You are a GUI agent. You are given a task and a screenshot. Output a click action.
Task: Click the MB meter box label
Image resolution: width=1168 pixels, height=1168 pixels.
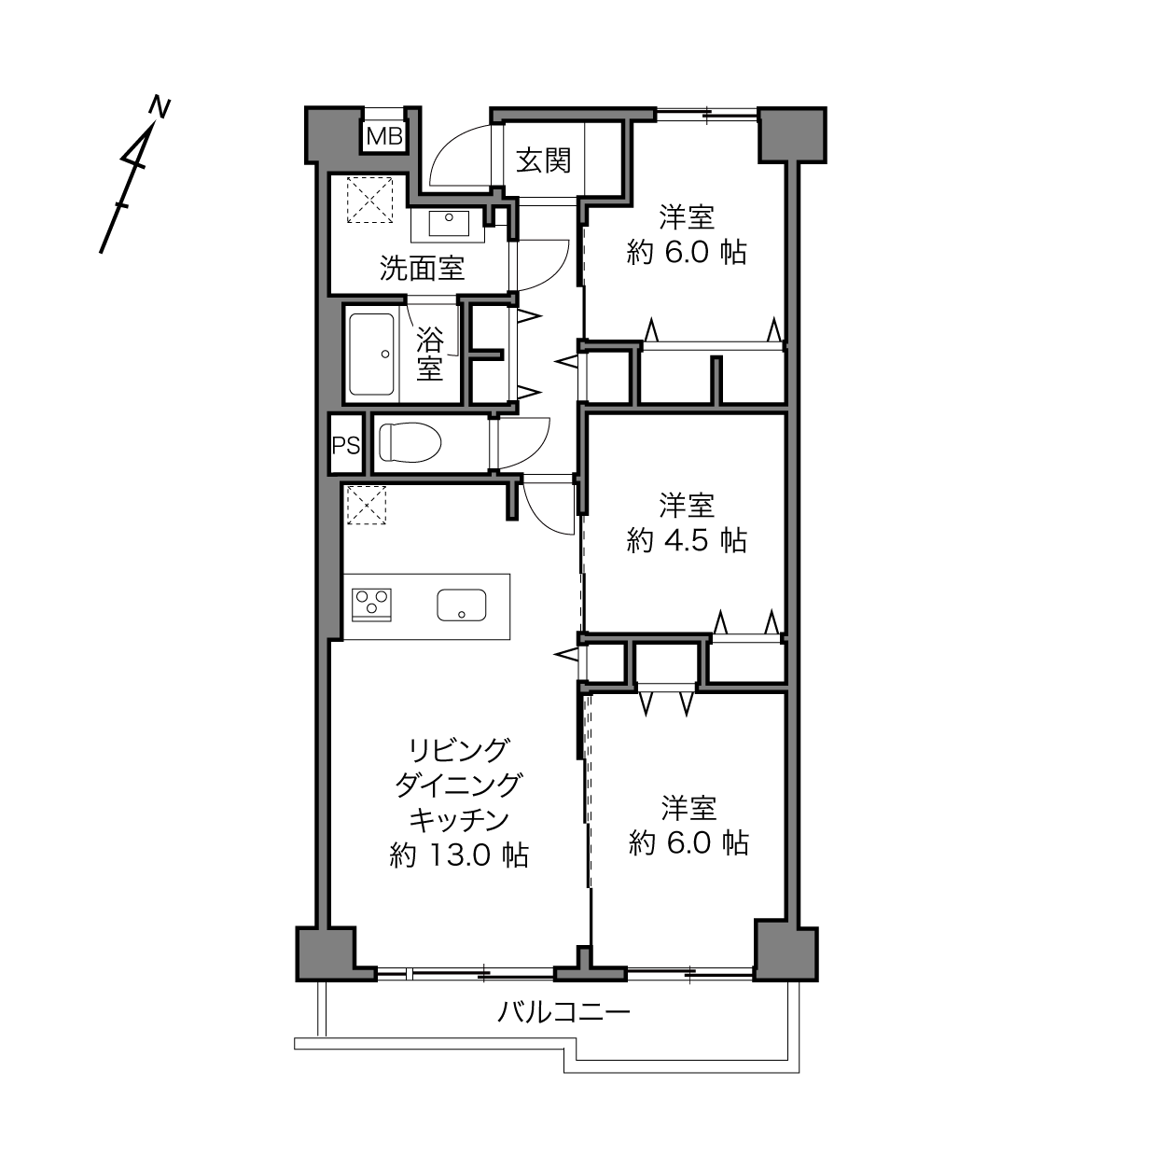[384, 137]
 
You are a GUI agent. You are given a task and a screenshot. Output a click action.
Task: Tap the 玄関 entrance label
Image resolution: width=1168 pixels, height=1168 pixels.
[543, 161]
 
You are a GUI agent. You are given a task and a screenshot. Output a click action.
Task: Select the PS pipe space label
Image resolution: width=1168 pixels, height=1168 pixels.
[346, 446]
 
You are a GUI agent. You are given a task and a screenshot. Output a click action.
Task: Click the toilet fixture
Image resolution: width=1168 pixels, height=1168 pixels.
[410, 442]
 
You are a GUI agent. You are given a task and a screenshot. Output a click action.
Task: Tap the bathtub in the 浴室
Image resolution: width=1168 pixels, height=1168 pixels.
[371, 354]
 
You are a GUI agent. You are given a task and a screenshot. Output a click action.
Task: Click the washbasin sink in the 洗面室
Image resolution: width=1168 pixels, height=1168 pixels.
[449, 223]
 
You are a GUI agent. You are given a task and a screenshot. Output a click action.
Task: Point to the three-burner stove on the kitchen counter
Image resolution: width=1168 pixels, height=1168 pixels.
[371, 605]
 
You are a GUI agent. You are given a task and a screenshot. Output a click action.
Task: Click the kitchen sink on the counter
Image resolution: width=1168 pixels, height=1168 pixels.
[461, 605]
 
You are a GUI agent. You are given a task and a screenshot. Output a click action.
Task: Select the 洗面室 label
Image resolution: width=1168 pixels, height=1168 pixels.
[422, 269]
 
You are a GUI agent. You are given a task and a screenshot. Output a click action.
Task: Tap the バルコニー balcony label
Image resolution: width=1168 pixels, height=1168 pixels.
[563, 1012]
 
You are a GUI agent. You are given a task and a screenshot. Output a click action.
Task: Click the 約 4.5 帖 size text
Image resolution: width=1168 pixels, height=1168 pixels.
[687, 541]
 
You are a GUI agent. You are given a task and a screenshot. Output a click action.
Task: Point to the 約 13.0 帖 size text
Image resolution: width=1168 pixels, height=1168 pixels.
[459, 855]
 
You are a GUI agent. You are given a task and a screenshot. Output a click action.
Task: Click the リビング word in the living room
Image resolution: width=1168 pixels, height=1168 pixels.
[458, 750]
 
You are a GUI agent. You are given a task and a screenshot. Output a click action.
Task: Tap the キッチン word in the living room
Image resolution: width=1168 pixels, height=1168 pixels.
[459, 820]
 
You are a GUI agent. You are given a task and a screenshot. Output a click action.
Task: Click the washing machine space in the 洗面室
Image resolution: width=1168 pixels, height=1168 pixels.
[369, 200]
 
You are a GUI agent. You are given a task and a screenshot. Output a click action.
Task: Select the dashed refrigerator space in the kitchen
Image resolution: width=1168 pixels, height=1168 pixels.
[366, 505]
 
